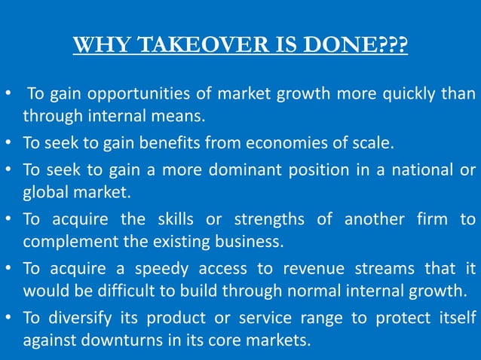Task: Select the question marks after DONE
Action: click(x=394, y=45)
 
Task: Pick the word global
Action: click(x=44, y=192)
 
